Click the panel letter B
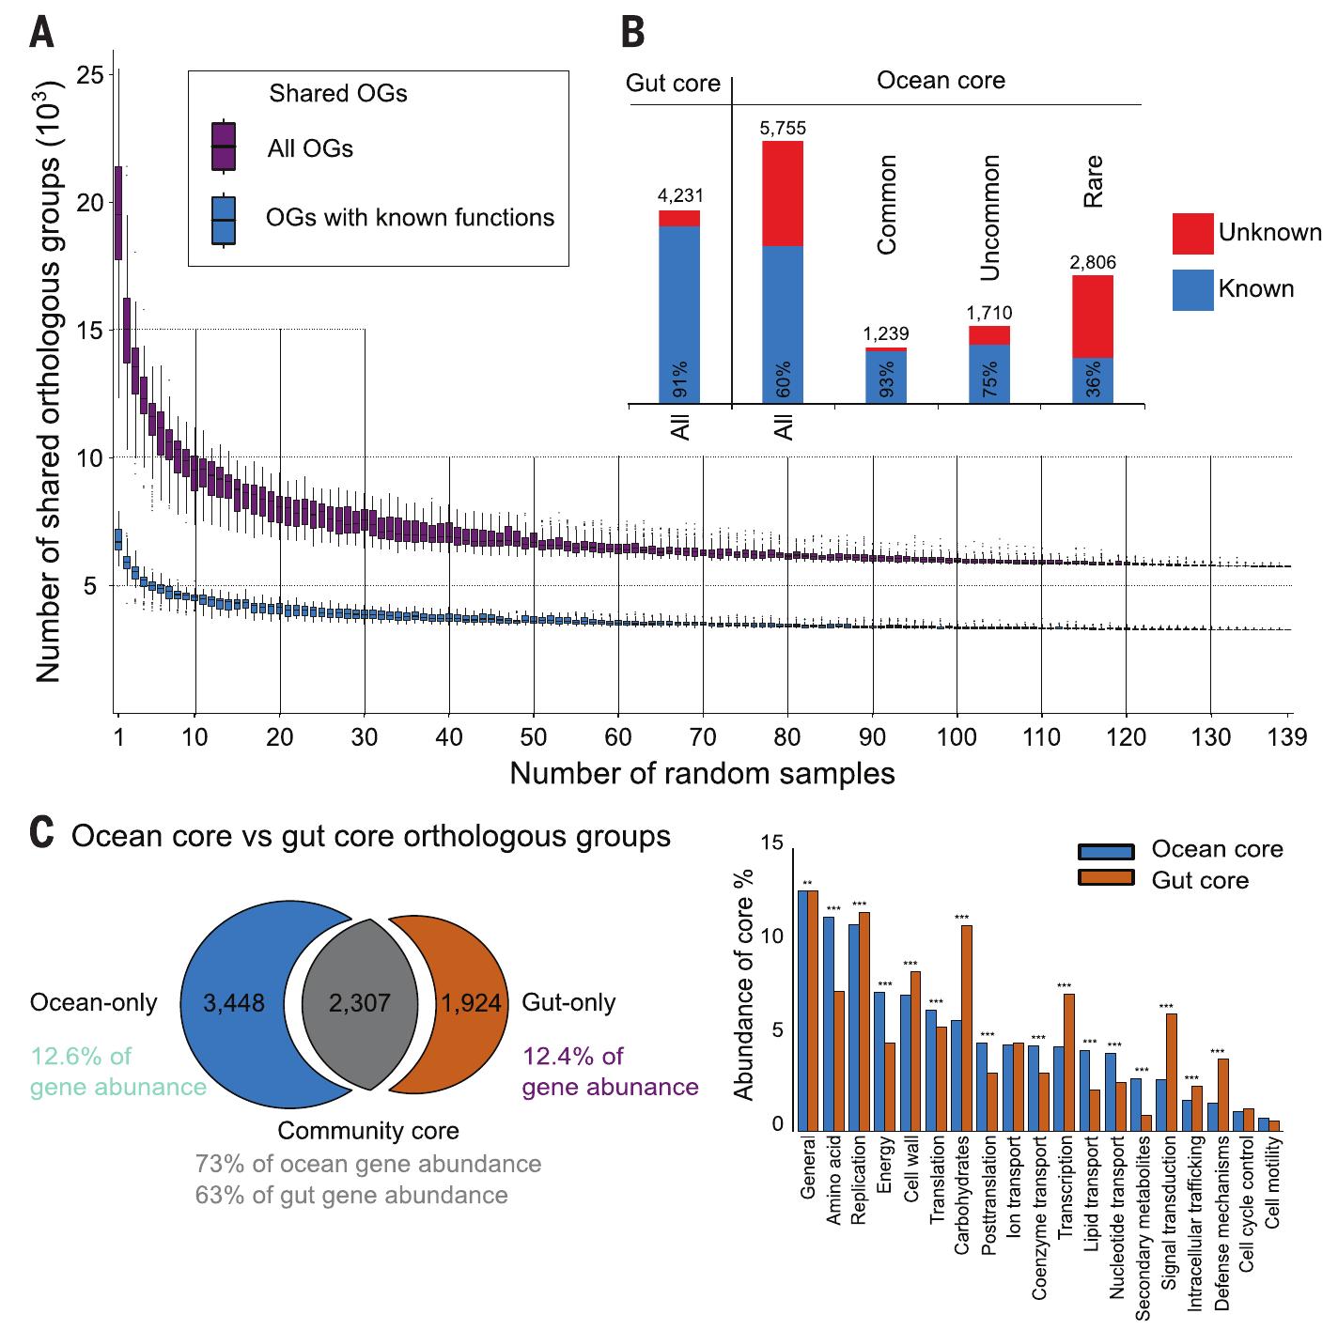pos(633,35)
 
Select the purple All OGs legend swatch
pos(223,147)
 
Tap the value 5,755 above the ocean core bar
pos(783,128)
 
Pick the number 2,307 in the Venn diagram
pos(360,1003)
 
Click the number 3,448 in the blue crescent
pos(234,1003)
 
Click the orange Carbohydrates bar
pos(966,1028)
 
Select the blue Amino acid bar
pos(829,1023)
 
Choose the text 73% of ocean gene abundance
pos(368,1165)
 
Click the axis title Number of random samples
pos(702,774)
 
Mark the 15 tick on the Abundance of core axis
pos(771,844)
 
